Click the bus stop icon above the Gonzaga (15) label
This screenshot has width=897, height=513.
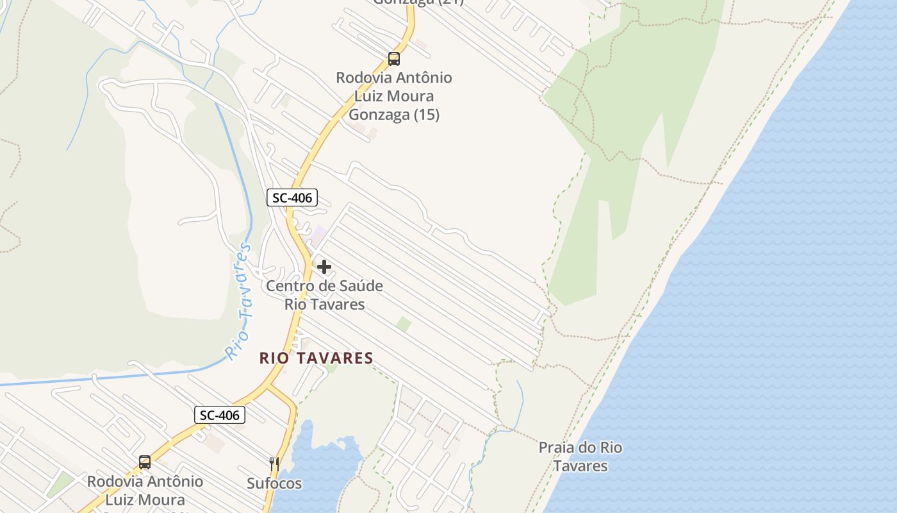coord(394,59)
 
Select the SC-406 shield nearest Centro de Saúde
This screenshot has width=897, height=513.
coord(292,198)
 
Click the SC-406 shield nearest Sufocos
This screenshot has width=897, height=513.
coord(220,415)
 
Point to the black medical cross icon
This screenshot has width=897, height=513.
coord(324,267)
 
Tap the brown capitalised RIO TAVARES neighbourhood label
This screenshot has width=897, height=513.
coord(316,358)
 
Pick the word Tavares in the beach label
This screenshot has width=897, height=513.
coord(580,466)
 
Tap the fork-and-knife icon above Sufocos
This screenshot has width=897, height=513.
coord(274,464)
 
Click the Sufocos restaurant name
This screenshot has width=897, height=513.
coord(274,484)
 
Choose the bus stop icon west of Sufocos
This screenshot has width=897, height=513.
coord(145,462)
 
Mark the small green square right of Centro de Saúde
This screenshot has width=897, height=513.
coord(403,324)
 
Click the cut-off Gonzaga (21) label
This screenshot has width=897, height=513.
coord(418,2)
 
